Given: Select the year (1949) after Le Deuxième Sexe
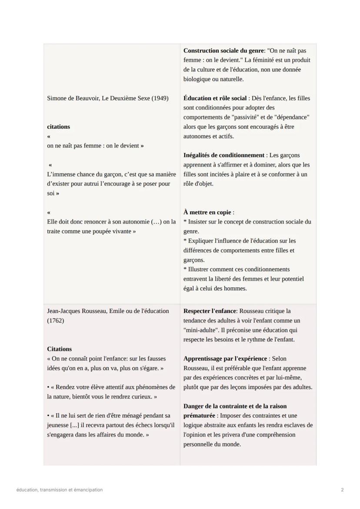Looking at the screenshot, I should pos(160,98).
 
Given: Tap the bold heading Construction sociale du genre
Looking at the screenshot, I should pos(223,51).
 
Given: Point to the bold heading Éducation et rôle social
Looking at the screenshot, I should pos(215,98).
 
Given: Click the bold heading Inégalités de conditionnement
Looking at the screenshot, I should pos(224,155).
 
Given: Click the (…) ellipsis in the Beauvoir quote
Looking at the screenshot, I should pos(156,222).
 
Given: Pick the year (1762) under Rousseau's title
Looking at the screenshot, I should pos(55,320).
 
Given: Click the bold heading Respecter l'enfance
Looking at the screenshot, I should pos(210,311).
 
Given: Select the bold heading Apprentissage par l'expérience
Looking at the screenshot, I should pos(225,359).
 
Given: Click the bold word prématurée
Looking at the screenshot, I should pos(199,416).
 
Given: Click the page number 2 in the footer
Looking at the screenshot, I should pos(342,490).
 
